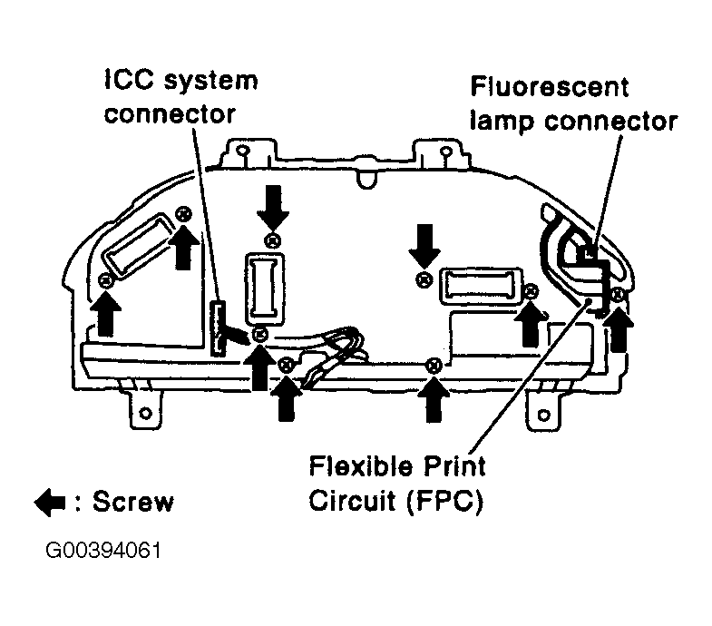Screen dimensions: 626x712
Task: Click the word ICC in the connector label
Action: [125, 80]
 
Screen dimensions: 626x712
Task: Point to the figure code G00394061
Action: [100, 552]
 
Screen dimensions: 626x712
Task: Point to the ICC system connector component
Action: [219, 327]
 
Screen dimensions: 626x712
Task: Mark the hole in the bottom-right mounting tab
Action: [543, 416]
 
